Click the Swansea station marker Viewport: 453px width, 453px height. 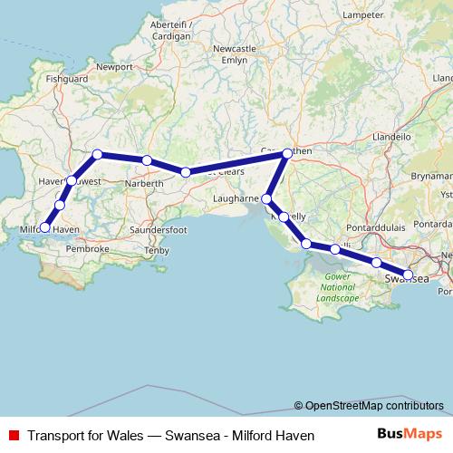click(x=408, y=275)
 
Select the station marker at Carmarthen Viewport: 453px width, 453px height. click(x=287, y=153)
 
